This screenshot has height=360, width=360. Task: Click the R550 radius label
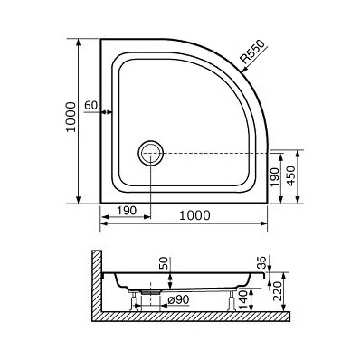pos(253,52)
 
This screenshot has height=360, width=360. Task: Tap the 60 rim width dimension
pos(91,105)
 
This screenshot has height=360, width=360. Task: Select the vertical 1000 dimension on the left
pos(71,117)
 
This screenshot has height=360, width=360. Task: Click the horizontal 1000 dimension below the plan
pos(194,215)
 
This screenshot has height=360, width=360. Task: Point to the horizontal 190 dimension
pos(127,211)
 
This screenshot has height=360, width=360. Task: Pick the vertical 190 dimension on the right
pos(275,177)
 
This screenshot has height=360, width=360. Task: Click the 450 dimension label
pos(291,175)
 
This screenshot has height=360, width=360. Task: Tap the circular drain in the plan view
pos(151,153)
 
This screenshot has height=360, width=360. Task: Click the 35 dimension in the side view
pos(262,262)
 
